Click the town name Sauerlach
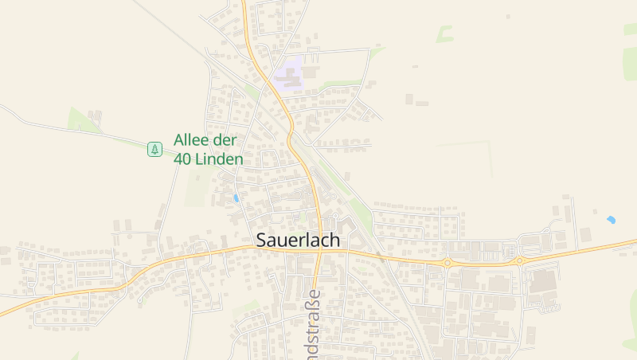point(298,240)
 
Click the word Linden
point(219,159)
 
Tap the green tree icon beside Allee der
point(154,148)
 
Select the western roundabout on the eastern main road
point(447,262)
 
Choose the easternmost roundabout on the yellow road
point(519,260)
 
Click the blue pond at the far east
point(611,219)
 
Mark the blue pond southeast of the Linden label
point(236,198)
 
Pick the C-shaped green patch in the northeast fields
point(444,33)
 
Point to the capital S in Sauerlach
point(262,240)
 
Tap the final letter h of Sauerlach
point(334,240)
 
